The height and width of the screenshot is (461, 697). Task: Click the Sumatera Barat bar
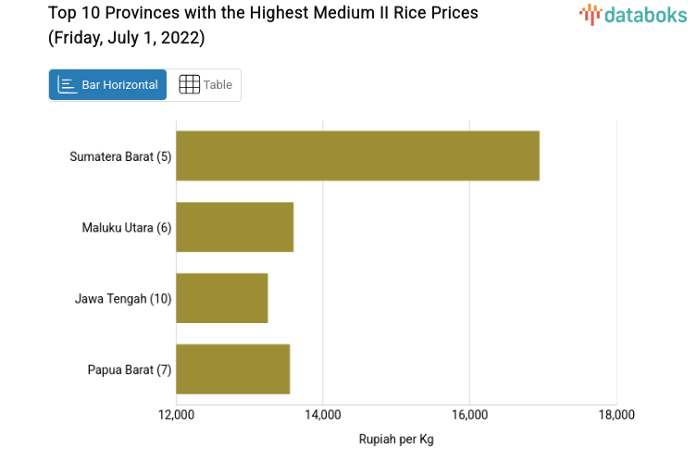click(x=357, y=156)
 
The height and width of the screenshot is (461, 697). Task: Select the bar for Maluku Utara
click(x=234, y=227)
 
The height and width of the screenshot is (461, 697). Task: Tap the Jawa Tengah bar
click(x=221, y=298)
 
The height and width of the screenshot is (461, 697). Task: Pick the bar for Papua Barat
click(x=232, y=369)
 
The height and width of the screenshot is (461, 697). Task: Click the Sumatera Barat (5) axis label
click(x=120, y=156)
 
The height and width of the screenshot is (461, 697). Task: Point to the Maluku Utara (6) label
click(x=126, y=227)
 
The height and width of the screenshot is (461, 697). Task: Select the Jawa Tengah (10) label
click(x=123, y=298)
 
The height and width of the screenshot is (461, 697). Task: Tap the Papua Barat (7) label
click(x=130, y=369)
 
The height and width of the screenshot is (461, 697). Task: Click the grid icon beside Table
click(x=189, y=85)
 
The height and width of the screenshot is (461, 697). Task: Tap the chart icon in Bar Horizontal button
click(x=68, y=85)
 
